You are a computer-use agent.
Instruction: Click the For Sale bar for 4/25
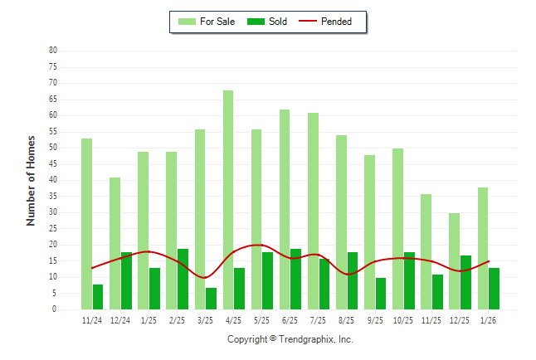[228, 200]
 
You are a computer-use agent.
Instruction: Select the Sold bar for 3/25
[212, 299]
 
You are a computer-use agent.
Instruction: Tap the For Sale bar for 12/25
[455, 261]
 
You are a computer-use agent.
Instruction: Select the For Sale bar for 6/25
[285, 209]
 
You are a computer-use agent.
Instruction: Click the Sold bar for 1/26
[495, 289]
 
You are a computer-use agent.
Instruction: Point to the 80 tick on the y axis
[52, 51]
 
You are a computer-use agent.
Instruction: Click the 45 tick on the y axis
[52, 164]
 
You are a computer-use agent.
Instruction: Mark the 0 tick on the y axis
[54, 309]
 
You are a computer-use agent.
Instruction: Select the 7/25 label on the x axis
[318, 319]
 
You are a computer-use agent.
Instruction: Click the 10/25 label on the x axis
[403, 319]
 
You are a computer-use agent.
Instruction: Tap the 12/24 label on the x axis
[120, 319]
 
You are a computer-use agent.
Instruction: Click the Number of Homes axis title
[31, 180]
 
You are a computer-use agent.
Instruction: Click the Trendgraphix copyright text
[290, 339]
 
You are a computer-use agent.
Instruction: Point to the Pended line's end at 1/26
[489, 261]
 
